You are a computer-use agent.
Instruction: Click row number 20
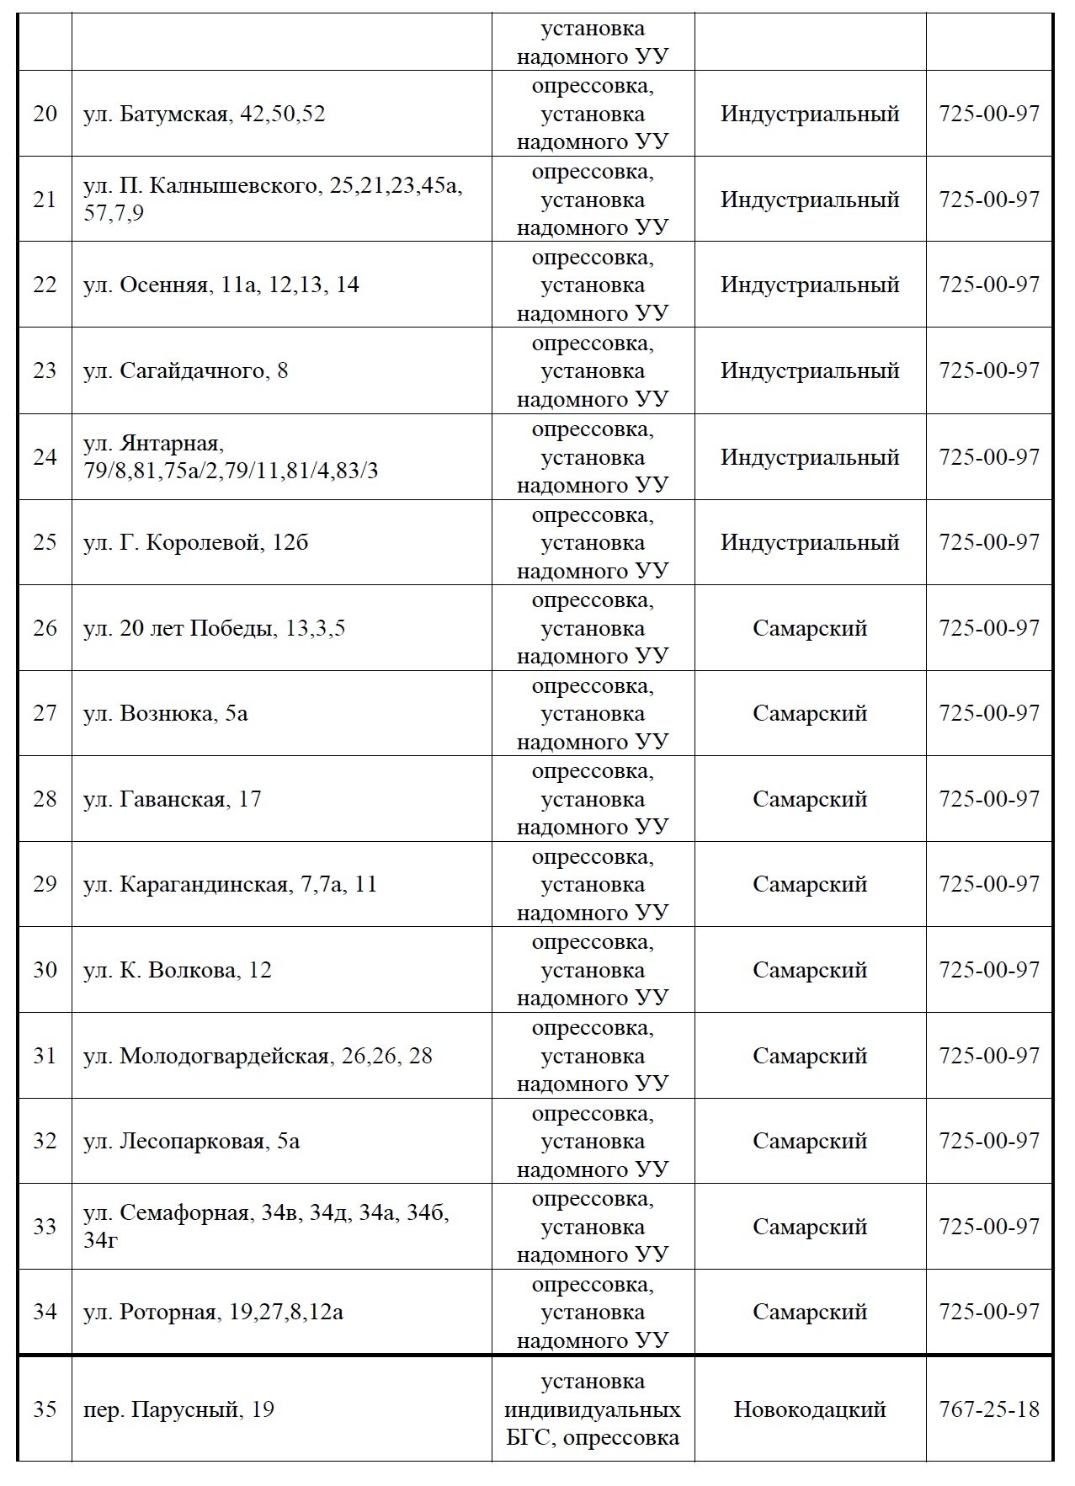point(45,114)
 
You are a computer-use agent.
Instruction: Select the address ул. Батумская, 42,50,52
point(204,114)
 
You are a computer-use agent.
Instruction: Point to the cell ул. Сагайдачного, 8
point(185,370)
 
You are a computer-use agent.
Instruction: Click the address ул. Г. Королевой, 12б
point(195,542)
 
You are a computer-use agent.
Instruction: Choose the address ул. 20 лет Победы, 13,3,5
point(214,628)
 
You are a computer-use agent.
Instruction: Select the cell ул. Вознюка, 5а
point(165,714)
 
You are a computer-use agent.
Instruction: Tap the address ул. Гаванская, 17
point(172,799)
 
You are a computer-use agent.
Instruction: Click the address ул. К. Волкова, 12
point(177,970)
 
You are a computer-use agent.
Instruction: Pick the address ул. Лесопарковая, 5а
point(191,1141)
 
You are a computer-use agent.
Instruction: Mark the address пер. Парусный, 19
point(178,1409)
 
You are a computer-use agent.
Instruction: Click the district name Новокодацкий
point(810,1409)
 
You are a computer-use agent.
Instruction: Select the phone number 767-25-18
point(989,1409)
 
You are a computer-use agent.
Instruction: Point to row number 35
point(45,1409)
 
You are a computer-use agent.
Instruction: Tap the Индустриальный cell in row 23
point(810,370)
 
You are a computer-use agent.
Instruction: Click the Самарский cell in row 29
point(810,884)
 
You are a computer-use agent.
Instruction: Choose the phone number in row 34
point(989,1312)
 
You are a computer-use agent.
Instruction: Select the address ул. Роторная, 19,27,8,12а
point(213,1312)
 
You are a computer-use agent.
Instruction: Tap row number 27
point(45,714)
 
